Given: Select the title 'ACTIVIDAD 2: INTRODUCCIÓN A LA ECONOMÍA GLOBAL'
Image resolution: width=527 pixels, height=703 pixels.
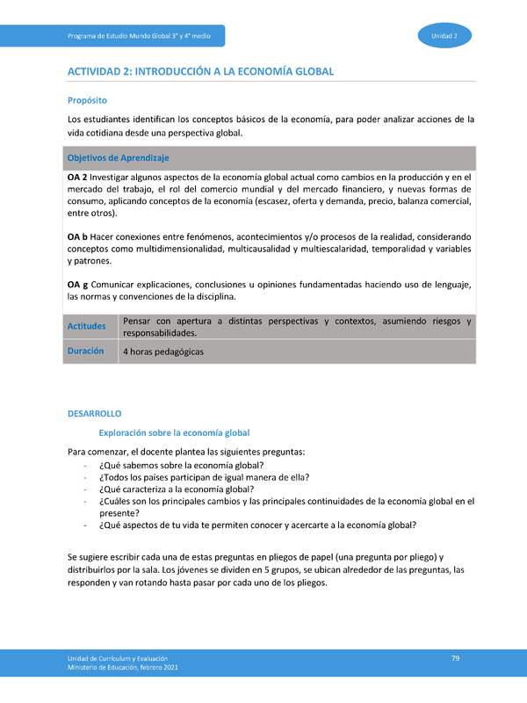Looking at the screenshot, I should point(200,71).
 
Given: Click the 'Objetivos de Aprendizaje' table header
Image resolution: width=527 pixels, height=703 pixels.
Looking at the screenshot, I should point(118,157).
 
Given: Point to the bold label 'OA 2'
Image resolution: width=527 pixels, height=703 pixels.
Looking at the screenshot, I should point(76,177).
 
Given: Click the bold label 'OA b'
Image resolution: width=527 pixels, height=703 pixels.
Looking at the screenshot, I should point(77,237).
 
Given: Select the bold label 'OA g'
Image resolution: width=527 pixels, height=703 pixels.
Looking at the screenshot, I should point(77,285).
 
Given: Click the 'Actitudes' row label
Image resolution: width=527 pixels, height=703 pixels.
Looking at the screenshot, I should point(86,327).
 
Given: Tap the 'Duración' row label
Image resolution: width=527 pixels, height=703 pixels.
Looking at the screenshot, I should point(85,351).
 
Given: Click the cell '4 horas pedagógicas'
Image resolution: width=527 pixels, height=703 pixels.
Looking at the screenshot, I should point(163,351).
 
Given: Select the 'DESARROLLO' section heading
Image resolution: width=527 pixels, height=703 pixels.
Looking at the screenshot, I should point(94,413).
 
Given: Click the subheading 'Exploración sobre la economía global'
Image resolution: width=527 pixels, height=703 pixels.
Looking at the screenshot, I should point(174,432).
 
